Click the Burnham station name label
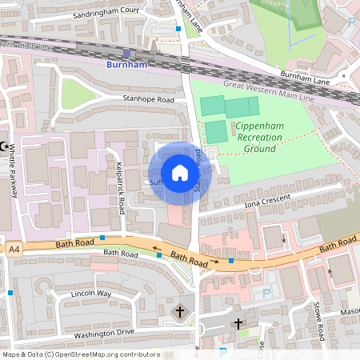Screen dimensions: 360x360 click(x=128, y=65)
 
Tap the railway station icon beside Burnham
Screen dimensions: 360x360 click(x=126, y=53)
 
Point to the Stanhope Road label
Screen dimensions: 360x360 click(x=148, y=100)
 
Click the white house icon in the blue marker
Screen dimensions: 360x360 click(x=179, y=173)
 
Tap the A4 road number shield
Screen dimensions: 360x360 click(x=14, y=250)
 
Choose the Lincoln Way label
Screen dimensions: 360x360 click(x=90, y=294)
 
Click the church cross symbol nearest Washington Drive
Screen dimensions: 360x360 click(x=180, y=310)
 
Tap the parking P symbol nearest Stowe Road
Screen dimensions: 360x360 click(x=266, y=293)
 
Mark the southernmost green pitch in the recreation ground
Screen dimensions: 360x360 click(x=216, y=132)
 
